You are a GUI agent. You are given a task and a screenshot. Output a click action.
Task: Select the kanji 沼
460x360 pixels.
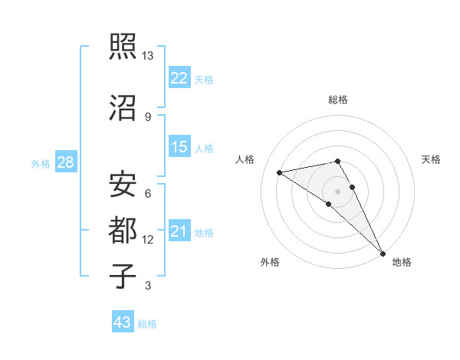(x=123, y=109)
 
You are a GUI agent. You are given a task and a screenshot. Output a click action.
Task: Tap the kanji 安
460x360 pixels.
(x=123, y=184)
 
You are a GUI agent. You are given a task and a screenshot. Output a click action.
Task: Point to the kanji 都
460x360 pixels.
(x=123, y=230)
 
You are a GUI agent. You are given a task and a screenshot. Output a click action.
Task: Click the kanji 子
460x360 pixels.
(x=123, y=276)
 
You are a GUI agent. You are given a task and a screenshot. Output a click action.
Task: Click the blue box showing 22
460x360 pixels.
(x=179, y=78)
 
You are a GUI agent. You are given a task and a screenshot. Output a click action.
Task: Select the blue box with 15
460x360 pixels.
(x=179, y=147)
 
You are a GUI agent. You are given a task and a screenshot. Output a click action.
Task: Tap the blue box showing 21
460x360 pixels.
(x=179, y=231)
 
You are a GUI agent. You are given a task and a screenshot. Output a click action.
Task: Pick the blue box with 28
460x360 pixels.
(x=66, y=162)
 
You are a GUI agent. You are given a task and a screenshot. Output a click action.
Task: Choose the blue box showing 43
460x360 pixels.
(x=123, y=322)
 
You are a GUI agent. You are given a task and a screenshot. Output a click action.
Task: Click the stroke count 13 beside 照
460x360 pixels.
(x=148, y=56)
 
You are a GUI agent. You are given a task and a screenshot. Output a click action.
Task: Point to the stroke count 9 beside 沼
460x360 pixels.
(x=148, y=116)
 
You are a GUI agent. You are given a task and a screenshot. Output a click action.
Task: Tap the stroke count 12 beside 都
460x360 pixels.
(x=148, y=240)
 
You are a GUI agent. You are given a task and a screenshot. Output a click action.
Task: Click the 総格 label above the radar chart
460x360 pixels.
(x=338, y=100)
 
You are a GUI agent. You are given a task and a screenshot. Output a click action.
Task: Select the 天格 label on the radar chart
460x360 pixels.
(x=431, y=159)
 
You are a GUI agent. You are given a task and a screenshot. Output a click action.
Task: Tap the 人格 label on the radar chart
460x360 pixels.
(x=245, y=159)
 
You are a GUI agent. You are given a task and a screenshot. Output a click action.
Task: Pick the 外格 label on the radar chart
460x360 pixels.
(x=270, y=262)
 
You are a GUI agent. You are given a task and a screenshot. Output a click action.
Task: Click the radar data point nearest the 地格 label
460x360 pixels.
(x=383, y=252)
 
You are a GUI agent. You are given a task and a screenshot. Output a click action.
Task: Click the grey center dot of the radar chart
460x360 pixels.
(x=338, y=191)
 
